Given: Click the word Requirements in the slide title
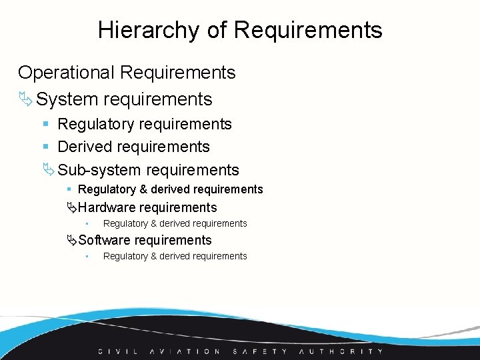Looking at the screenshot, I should (308, 30).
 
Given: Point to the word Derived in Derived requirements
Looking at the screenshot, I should (88, 147).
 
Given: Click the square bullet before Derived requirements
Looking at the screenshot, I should (45, 147).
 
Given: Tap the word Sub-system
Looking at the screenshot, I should (99, 170).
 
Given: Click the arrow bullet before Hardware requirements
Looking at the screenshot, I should (72, 207).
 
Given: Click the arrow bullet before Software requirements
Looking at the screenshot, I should (72, 240).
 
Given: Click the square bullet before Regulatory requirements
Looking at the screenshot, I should (45, 124).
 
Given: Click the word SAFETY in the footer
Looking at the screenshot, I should (260, 351).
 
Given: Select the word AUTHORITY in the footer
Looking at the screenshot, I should (341, 351).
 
